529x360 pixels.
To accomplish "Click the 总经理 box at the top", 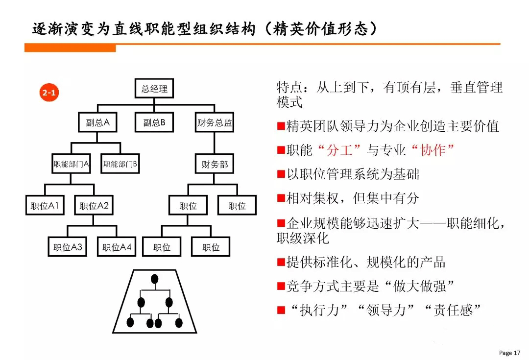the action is pyautogui.click(x=154, y=88).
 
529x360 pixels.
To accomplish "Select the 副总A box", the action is pyautogui.click(x=97, y=122).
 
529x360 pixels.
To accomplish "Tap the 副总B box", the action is pyautogui.click(x=154, y=122).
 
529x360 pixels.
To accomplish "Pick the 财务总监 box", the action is pyautogui.click(x=214, y=122).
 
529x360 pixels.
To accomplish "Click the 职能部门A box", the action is pyautogui.click(x=71, y=164).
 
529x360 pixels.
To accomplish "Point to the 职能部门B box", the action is pyautogui.click(x=120, y=164).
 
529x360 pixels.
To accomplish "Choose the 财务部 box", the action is pyautogui.click(x=214, y=164).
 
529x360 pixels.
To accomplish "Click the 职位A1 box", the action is pyautogui.click(x=45, y=205).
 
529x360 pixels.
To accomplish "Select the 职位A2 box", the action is pyautogui.click(x=94, y=205).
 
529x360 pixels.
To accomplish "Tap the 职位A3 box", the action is pyautogui.click(x=68, y=247).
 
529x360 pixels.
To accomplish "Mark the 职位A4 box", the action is pyautogui.click(x=117, y=247).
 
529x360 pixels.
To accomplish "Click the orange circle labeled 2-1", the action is pyautogui.click(x=49, y=92).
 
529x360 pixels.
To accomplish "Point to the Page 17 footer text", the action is pyautogui.click(x=509, y=353).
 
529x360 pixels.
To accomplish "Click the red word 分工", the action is pyautogui.click(x=339, y=150).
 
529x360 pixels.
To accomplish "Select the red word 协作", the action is pyautogui.click(x=433, y=150).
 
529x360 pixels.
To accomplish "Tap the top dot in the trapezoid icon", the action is pyautogui.click(x=154, y=279).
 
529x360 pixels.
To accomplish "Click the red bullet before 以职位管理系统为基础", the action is pyautogui.click(x=281, y=174).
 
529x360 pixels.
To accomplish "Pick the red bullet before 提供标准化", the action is pyautogui.click(x=281, y=262).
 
